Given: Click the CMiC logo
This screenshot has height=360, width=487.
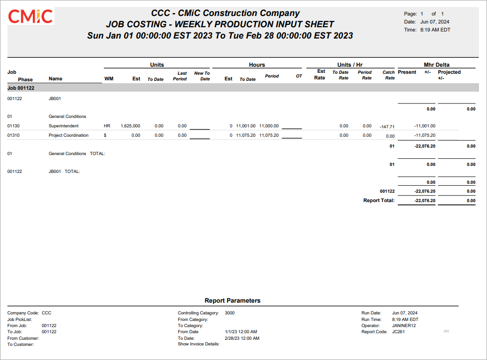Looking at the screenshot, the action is pyautogui.click(x=31, y=16).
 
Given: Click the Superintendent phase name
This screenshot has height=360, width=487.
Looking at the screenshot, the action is pyautogui.click(x=63, y=126).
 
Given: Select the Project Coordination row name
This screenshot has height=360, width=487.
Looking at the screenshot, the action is pyautogui.click(x=68, y=135).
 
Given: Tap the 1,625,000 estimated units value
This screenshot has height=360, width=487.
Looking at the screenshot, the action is pyautogui.click(x=130, y=126).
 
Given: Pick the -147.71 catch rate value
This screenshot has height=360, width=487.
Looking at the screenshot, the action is pyautogui.click(x=387, y=126).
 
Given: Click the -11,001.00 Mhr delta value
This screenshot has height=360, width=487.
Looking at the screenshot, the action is pyautogui.click(x=424, y=126).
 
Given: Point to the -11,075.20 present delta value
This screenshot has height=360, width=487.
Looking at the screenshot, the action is pyautogui.click(x=424, y=135).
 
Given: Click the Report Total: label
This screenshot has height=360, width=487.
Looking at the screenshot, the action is pyautogui.click(x=379, y=201).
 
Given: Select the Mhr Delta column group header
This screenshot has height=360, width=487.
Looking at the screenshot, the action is pyautogui.click(x=437, y=65).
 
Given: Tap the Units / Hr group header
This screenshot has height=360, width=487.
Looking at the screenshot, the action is pyautogui.click(x=350, y=65).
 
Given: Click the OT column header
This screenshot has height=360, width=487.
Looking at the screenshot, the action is pyautogui.click(x=299, y=76).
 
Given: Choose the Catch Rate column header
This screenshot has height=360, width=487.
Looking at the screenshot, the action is pyautogui.click(x=389, y=75).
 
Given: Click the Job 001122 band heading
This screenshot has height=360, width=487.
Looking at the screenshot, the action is pyautogui.click(x=21, y=88).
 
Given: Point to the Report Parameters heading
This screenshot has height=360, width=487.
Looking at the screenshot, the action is pyautogui.click(x=232, y=300).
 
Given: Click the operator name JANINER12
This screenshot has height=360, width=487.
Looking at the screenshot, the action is pyautogui.click(x=404, y=325).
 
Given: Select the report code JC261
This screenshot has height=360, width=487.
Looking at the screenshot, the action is pyautogui.click(x=398, y=331).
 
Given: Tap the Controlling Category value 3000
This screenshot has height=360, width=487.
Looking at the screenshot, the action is pyautogui.click(x=230, y=313).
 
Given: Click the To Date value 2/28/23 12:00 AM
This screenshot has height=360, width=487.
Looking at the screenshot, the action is pyautogui.click(x=242, y=338).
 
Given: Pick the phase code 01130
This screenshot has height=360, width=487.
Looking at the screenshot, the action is pyautogui.click(x=14, y=126).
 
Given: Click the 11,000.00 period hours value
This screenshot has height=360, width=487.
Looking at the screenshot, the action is pyautogui.click(x=269, y=126).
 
